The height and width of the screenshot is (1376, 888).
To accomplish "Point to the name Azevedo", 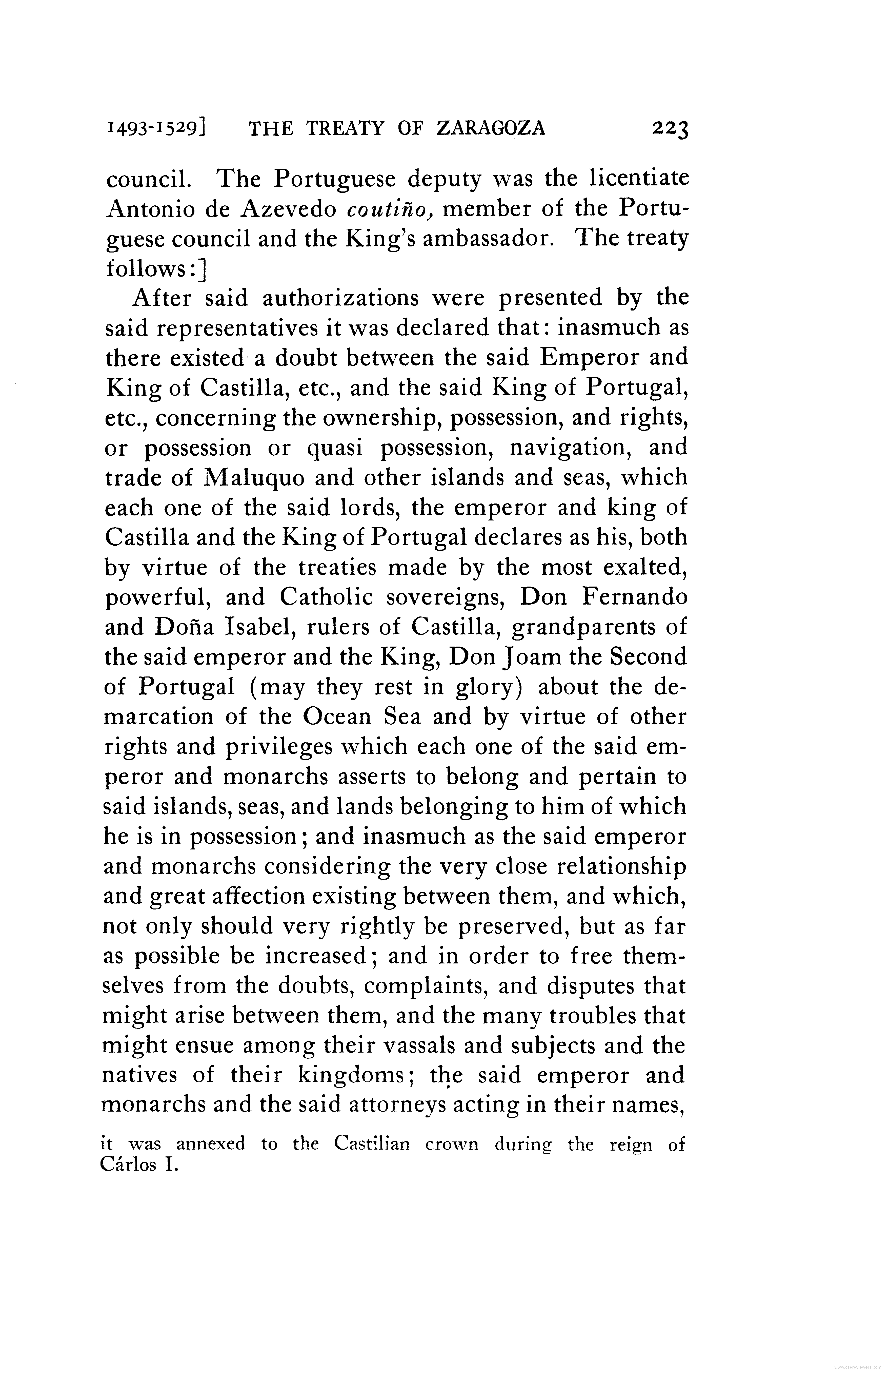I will [288, 209].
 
